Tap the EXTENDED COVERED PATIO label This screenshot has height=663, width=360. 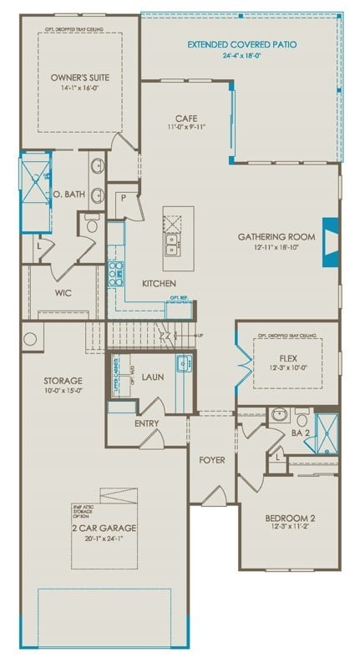coord(241,44)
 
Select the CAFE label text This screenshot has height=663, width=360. coord(185,119)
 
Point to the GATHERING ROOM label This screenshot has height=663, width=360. coord(276,237)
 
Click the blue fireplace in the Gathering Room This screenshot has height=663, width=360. coord(332,241)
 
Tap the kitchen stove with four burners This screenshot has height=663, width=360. coord(116,271)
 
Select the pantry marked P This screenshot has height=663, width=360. coord(122,198)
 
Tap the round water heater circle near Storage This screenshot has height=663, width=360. coord(31,340)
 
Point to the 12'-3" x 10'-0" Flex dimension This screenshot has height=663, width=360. coord(287,368)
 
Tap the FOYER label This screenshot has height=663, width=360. coord(211,459)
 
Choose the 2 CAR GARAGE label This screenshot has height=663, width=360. coord(104,529)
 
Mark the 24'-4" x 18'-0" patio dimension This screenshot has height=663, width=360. coord(241,56)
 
